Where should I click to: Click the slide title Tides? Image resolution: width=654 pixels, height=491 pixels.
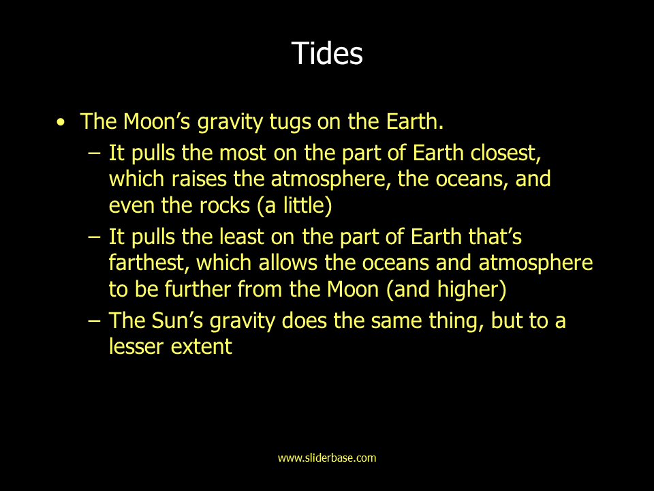coord(327,53)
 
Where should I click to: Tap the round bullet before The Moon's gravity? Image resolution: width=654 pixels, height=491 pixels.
coord(61,122)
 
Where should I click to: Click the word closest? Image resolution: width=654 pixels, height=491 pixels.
coord(505,153)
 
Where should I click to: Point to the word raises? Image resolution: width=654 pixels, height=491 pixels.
coord(199,179)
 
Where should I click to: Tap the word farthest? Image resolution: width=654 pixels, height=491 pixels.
coord(149,263)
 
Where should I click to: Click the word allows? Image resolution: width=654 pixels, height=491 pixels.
coord(288,263)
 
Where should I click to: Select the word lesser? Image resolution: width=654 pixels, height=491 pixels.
coord(136,346)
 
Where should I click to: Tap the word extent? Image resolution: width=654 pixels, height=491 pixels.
coord(201,347)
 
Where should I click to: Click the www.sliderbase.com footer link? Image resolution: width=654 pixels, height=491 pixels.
coord(327,458)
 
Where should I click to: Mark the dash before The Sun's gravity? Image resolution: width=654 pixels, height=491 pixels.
coord(95,321)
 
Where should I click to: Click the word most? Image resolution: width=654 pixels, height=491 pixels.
coord(243,153)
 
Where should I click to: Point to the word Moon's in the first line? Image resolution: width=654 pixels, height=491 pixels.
coord(157,121)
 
